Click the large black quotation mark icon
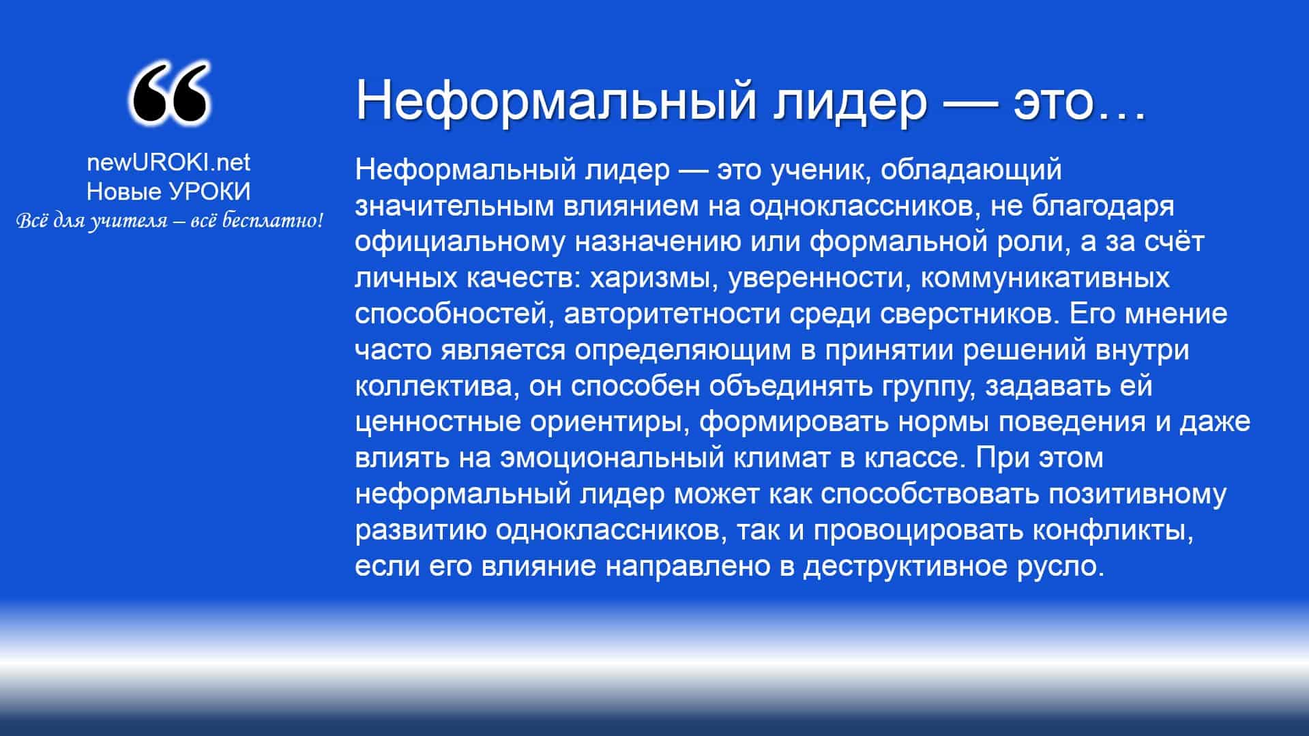click(168, 94)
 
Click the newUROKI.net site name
click(168, 162)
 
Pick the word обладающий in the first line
click(971, 171)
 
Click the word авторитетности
click(673, 314)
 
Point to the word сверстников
click(969, 314)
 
